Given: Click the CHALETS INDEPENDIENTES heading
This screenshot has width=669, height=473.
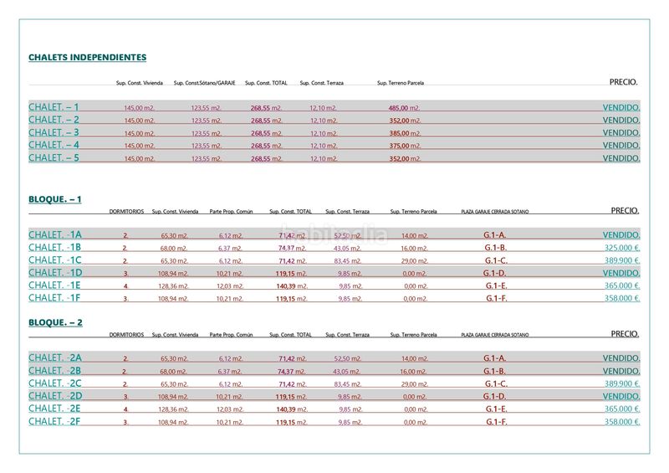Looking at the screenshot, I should tap(88, 58).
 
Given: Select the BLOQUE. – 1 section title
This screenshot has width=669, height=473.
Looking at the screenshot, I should tap(55, 199).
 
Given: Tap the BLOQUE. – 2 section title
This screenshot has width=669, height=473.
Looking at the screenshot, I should tap(55, 322).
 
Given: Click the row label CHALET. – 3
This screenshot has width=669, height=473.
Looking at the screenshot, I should tap(54, 132).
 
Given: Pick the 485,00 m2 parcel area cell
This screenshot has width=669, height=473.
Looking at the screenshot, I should tap(404, 108).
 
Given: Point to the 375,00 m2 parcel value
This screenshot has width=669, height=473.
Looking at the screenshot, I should tap(404, 146).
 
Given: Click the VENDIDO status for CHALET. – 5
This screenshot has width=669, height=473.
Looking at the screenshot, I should tap(621, 158).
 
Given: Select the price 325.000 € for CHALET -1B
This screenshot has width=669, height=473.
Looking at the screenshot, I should tap(621, 248).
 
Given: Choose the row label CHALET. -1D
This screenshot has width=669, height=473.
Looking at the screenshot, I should tap(55, 273).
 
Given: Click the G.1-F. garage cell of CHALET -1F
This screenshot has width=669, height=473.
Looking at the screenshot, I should tap(496, 298).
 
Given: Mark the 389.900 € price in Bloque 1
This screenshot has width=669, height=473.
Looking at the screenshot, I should tap(621, 260).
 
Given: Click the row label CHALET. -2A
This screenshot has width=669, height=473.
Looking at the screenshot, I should tap(55, 358).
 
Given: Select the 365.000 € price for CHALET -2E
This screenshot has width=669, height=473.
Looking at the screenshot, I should tap(621, 409).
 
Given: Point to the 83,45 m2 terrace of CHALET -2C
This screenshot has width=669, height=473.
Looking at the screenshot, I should tap(347, 384).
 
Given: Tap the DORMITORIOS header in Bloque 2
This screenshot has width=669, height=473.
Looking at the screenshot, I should tap(126, 335).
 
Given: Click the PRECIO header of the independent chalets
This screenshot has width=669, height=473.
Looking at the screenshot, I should tap(623, 83).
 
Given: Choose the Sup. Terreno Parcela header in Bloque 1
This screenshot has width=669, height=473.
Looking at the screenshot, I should tap(413, 212).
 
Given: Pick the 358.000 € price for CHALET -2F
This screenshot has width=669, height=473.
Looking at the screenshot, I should tap(621, 422).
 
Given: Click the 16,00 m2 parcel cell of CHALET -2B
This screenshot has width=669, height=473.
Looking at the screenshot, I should tap(413, 372).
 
